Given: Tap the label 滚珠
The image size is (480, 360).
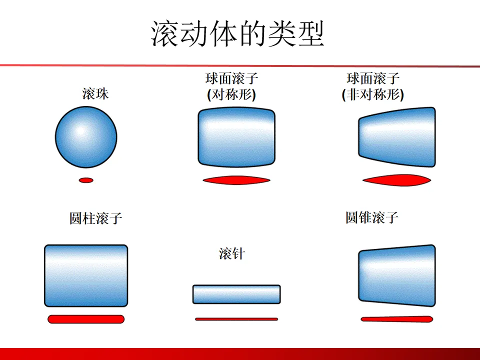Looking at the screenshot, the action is [95, 93].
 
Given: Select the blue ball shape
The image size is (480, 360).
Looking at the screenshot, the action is [86, 136].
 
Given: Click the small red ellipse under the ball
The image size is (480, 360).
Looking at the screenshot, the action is [86, 180].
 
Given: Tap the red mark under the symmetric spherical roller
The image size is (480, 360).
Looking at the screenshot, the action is [236, 180].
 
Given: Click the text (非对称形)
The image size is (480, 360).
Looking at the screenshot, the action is [373, 95].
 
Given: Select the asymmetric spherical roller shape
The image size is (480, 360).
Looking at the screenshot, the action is [397, 137].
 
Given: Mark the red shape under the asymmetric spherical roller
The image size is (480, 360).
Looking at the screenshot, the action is [397, 180].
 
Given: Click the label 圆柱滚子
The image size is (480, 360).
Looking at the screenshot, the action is [95, 218].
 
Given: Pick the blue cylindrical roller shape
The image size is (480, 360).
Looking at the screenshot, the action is [86, 275].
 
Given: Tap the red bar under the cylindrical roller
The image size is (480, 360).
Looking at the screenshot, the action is [86, 319].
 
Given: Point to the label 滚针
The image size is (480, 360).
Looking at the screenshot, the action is [232, 254].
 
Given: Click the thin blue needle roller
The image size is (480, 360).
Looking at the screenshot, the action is [236, 294].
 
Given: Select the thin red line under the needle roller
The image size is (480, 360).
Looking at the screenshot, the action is [236, 319].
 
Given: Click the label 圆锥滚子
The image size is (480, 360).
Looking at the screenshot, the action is [372, 217].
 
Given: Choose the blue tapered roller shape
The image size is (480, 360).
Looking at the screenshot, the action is [397, 275].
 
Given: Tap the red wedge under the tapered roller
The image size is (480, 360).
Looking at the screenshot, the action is [397, 318].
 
